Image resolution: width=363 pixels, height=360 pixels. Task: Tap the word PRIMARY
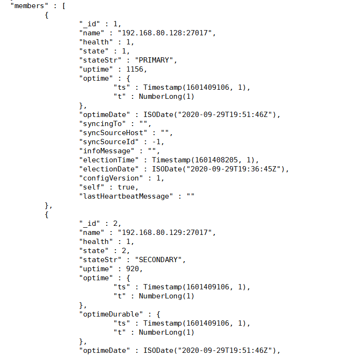pos(156,60)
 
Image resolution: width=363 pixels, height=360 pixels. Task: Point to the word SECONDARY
pos(160,260)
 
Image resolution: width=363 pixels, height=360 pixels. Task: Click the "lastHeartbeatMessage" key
pos(124,196)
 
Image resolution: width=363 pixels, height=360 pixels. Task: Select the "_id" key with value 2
pos(88,223)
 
